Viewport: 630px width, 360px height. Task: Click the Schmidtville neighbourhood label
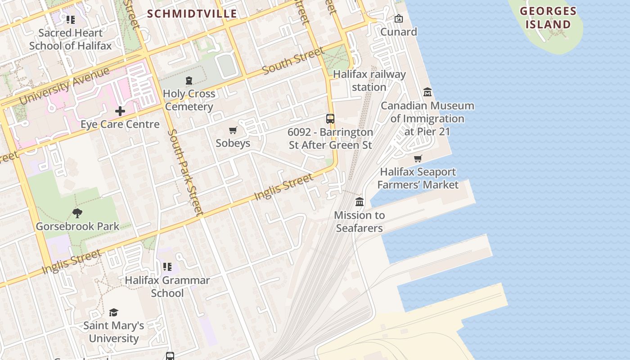point(192,13)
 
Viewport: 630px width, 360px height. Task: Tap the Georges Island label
point(548,18)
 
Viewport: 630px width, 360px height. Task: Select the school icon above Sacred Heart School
point(70,20)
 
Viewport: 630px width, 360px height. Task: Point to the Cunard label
point(399,31)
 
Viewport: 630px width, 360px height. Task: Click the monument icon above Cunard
point(398,18)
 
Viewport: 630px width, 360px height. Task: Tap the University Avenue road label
point(64,85)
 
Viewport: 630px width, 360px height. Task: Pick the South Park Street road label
point(185,172)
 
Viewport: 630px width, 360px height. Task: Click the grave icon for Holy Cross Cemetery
point(189,81)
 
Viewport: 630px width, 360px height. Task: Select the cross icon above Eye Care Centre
point(120,111)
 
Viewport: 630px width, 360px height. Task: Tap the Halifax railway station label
point(369,81)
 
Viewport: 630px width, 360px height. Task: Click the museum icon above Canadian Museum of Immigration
point(427,92)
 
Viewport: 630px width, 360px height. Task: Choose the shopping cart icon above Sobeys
point(233,130)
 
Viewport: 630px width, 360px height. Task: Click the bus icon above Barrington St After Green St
point(330,119)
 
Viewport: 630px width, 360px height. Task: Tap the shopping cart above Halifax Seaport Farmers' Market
point(418,159)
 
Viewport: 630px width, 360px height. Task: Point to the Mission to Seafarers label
point(359,221)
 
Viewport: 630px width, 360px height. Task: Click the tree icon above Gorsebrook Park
point(77,213)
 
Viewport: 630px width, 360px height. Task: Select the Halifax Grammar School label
point(167,287)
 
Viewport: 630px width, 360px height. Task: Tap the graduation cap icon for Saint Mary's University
point(113,312)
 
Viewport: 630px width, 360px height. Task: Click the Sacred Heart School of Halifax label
point(70,39)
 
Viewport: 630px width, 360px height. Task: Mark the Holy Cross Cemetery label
point(189,100)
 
